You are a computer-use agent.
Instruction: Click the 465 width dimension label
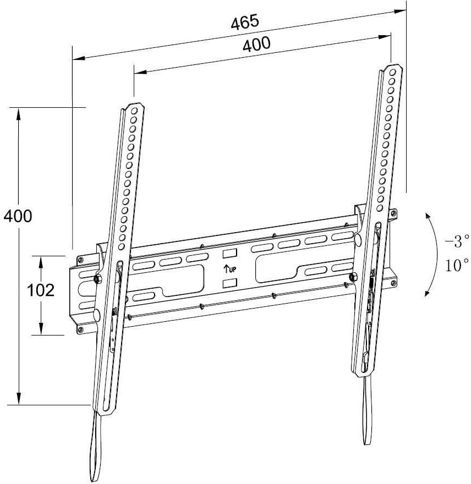(245, 23)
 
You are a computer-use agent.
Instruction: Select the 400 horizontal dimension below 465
(256, 44)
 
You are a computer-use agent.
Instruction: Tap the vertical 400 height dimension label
(18, 216)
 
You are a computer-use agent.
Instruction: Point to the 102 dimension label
(41, 290)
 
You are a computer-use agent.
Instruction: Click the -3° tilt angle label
(457, 241)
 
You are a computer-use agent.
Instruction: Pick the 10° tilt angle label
(457, 265)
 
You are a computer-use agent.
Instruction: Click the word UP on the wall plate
(233, 269)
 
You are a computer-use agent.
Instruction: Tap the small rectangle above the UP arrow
(229, 254)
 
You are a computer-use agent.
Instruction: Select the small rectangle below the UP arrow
(229, 283)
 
